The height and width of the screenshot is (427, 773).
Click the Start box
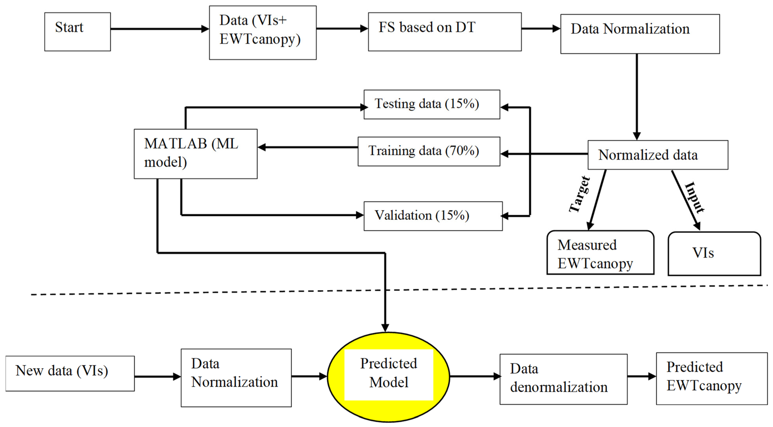coord(77,32)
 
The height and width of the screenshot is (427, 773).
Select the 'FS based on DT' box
coord(445,32)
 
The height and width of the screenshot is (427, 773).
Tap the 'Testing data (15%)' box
coord(432,104)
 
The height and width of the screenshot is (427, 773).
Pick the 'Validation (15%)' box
coord(433,216)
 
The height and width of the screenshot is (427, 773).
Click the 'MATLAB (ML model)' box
coord(195,154)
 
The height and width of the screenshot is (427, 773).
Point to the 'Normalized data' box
coord(658,155)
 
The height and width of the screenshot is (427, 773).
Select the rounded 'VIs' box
coord(714,253)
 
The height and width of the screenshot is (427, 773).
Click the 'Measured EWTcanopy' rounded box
coord(600,252)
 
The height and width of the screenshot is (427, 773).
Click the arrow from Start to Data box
coord(159,29)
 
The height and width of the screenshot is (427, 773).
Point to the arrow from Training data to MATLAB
coord(308,147)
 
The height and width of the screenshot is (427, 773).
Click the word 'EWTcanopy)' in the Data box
coord(260,39)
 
